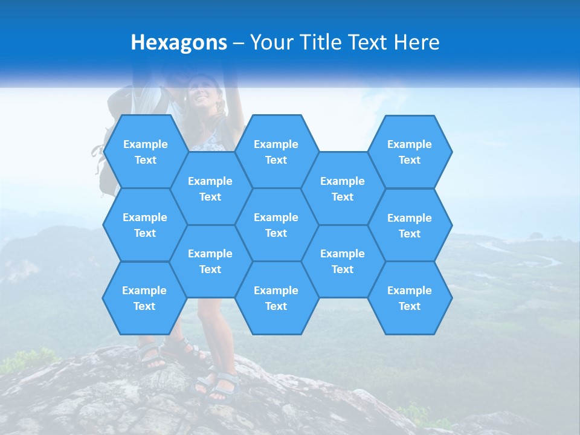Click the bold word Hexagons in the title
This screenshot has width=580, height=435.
179,42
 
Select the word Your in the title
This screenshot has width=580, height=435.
269,42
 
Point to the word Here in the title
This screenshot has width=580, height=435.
416,42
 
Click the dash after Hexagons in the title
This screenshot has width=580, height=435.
239,42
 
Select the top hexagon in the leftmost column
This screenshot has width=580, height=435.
145,152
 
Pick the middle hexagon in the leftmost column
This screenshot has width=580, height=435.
145,225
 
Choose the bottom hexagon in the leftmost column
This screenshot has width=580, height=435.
144,298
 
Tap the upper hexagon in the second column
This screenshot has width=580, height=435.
210,188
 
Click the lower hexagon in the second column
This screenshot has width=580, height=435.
210,261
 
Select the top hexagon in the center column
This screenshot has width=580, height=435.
276,152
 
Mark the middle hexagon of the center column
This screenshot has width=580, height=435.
276,225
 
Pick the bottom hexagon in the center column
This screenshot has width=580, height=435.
276,298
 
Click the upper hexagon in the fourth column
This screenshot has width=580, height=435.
343,188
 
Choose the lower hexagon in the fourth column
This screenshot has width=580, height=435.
343,261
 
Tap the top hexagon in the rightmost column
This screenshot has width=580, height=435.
410,152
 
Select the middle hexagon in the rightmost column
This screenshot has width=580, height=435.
410,225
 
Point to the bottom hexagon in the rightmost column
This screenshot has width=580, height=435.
410,298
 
